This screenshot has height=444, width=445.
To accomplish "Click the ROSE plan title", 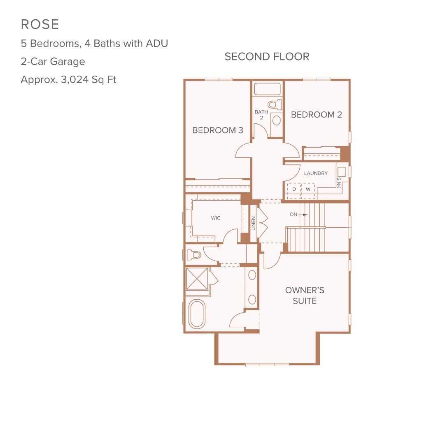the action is pos(40,24).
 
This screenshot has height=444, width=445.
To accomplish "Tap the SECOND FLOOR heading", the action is pos(267,57).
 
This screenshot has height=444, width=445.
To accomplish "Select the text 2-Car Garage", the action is pos(53,62).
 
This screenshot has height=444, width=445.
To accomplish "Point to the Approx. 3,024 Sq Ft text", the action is pos(68,80).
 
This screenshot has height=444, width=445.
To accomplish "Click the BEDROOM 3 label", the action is pos(218,130).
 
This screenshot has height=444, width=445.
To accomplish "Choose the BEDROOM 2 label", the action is pos(317,115).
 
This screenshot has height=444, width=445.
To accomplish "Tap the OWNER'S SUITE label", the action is pos(305,296).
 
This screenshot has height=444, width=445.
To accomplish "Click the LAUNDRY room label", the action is pos(316,173).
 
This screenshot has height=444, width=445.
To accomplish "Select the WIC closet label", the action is pos(216,218).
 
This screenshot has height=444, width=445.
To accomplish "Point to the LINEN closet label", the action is pos(254,223).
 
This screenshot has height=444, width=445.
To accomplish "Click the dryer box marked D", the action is pos(294,189).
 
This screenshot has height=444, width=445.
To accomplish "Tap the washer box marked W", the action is pos(308,189).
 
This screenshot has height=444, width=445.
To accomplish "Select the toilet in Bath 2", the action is pos(275,104).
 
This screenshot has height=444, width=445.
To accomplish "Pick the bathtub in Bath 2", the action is pos(267,89).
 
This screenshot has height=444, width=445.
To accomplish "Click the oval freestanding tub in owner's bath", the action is pos(197,314).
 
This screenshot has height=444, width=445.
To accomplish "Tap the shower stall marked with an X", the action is pos(197,278).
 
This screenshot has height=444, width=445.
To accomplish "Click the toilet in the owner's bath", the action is pos(193,255).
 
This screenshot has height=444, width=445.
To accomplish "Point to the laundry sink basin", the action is pos(341,172).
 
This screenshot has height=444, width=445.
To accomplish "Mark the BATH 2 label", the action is pos(261,115).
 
